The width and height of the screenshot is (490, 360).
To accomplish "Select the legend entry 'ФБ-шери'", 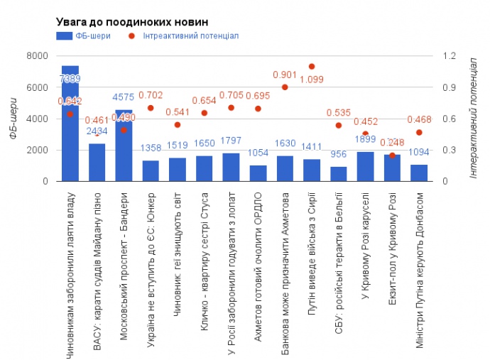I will [85, 36].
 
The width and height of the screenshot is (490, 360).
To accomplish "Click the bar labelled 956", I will [339, 174].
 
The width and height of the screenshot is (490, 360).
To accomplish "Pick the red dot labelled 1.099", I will [312, 67].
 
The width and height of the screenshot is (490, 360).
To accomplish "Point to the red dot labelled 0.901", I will [285, 87].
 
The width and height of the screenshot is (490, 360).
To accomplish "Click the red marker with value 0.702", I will [151, 108].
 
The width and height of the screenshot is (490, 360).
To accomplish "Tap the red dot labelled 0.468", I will [419, 133].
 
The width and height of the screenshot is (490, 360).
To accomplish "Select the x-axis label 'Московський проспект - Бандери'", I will [124, 266].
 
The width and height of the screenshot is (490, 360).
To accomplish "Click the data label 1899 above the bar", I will [366, 139].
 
